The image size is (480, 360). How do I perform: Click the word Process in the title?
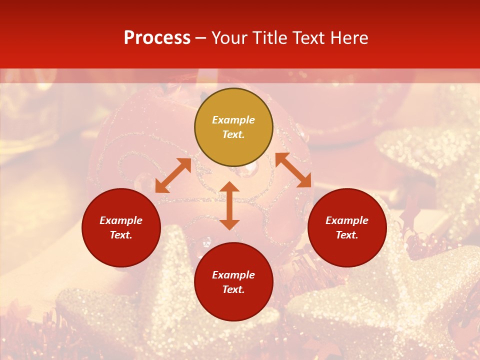pyautogui.click(x=157, y=38)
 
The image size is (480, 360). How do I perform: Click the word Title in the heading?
pyautogui.click(x=269, y=38)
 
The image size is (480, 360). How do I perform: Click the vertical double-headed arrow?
pyautogui.click(x=229, y=206)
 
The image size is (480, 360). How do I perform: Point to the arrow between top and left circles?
pyautogui.click(x=173, y=175)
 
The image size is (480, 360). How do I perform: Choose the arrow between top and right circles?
pyautogui.click(x=293, y=170)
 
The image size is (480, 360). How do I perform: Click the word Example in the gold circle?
pyautogui.click(x=233, y=120)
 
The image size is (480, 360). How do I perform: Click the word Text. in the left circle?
pyautogui.click(x=121, y=235)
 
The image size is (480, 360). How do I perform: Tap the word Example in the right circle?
pyautogui.click(x=347, y=220)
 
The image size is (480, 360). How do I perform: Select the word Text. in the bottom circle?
pyautogui.click(x=233, y=289)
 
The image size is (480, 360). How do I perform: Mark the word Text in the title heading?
pyautogui.click(x=309, y=38)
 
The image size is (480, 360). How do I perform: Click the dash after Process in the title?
pyautogui.click(x=200, y=38)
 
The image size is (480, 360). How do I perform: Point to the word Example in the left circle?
pyautogui.click(x=121, y=220)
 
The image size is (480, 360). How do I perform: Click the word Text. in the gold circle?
pyautogui.click(x=233, y=134)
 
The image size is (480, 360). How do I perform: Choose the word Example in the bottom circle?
pyautogui.click(x=233, y=275)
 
